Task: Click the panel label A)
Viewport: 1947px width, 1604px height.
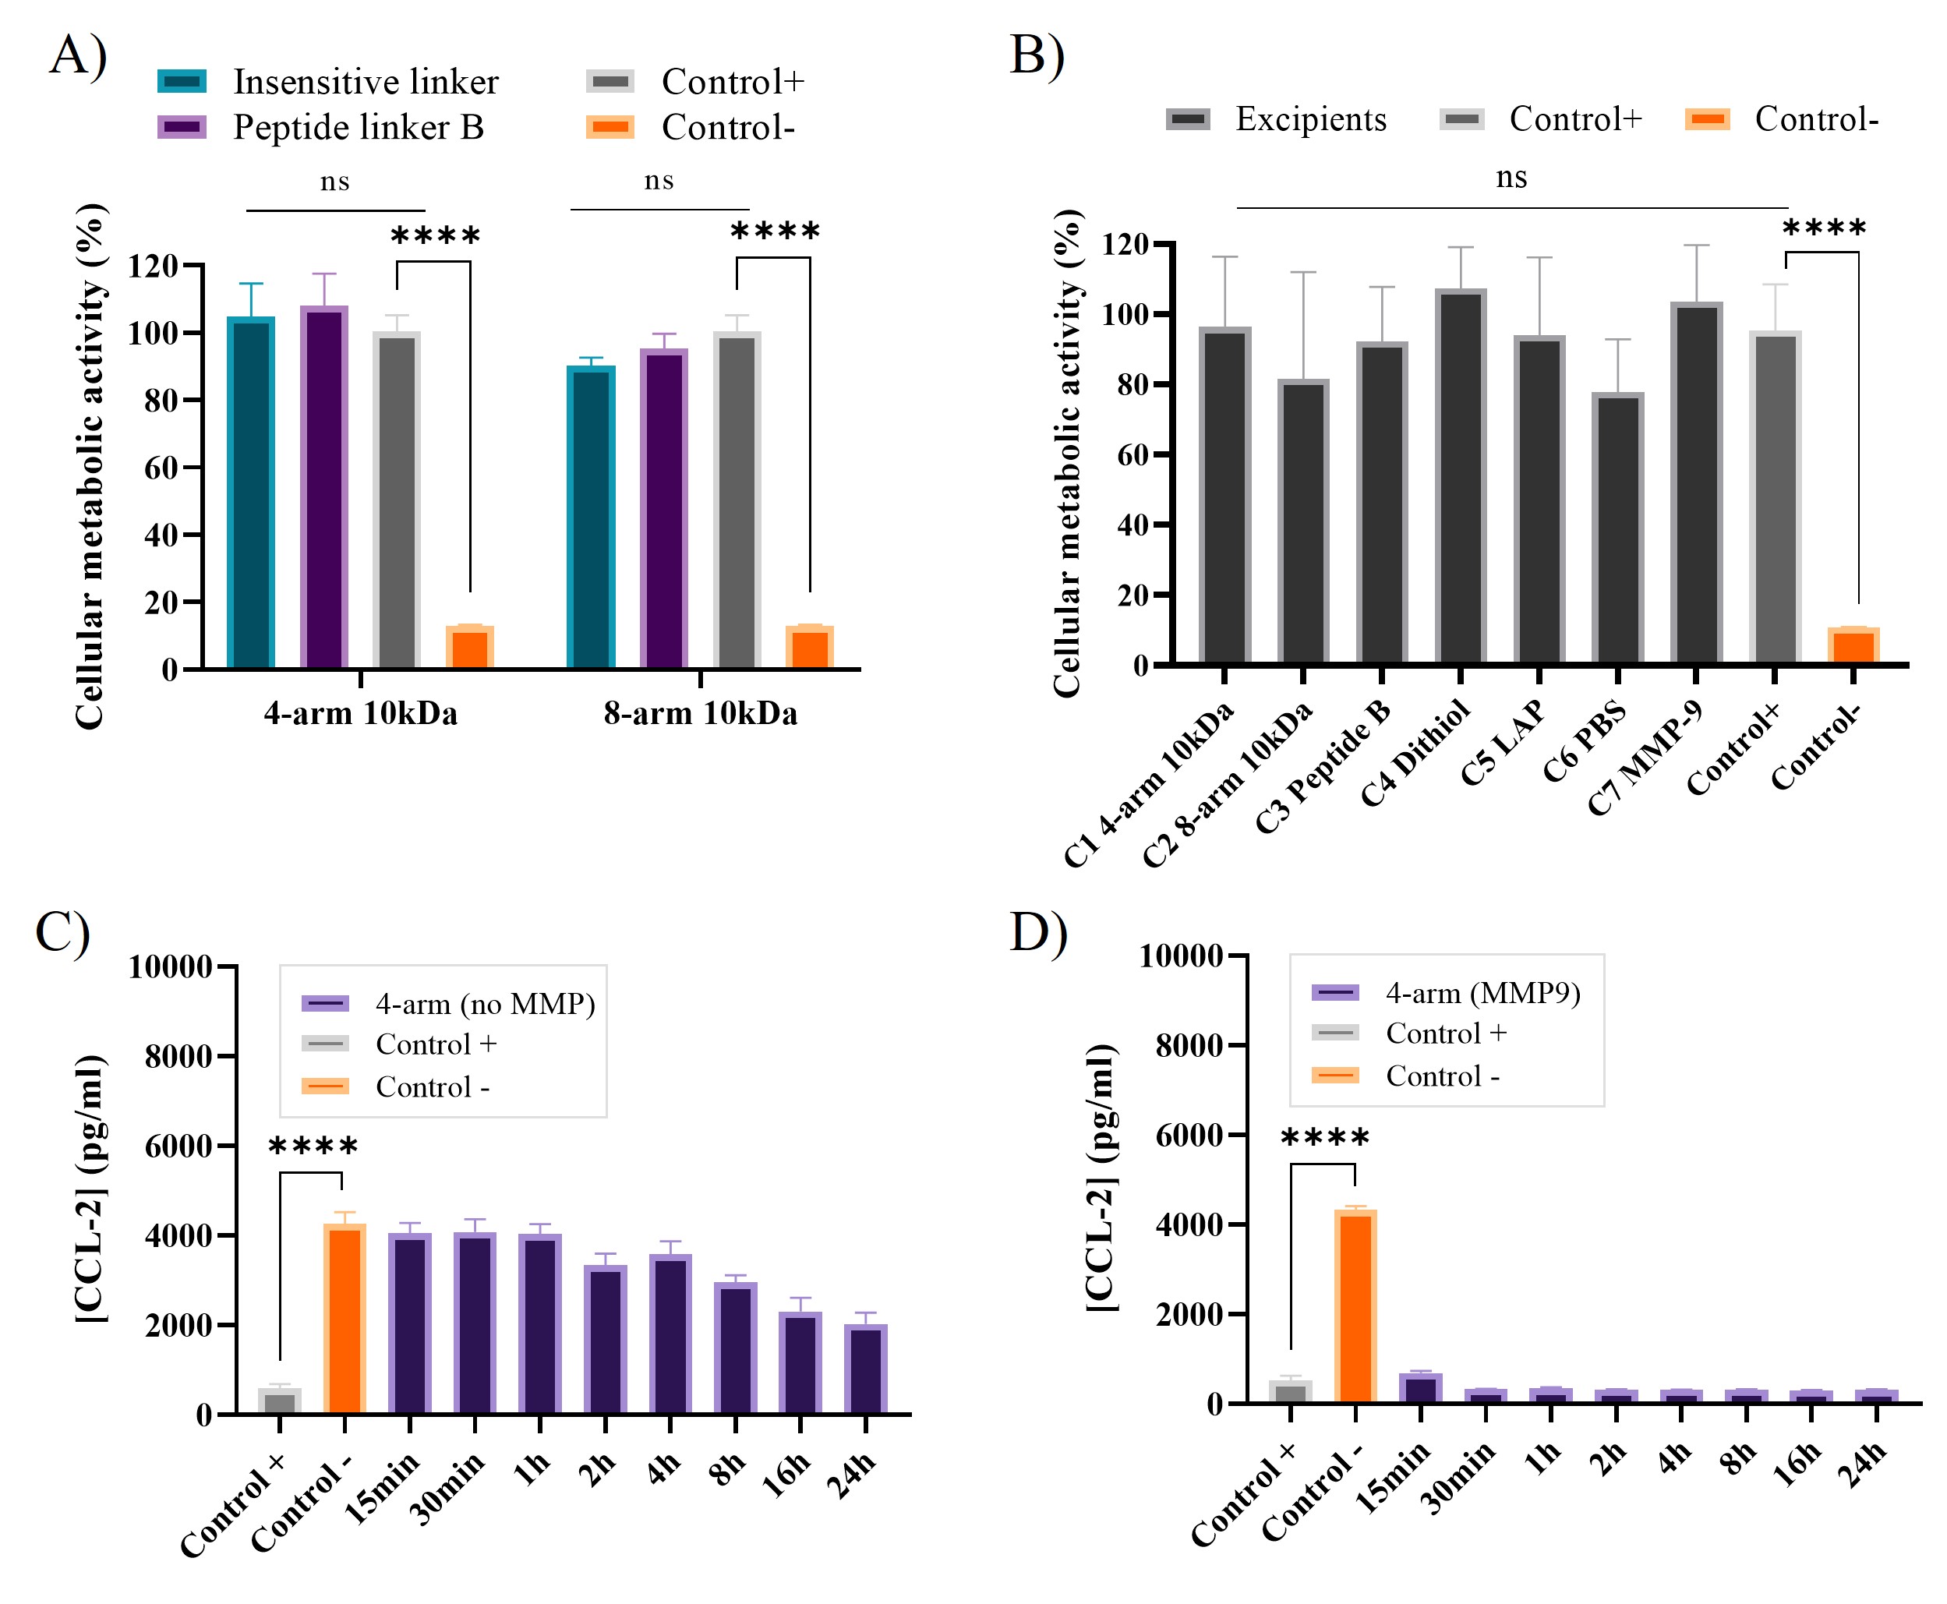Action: (x=79, y=55)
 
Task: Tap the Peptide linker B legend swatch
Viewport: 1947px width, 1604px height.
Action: (x=182, y=126)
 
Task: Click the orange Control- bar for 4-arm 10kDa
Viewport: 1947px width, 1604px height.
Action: (x=469, y=647)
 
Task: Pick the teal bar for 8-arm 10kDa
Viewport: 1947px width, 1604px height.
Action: (x=591, y=518)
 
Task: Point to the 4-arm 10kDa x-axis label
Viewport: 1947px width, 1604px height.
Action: (x=360, y=713)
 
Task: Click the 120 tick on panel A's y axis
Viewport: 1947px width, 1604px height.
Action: (x=153, y=266)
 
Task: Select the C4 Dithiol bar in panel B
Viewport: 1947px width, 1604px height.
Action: (x=1460, y=477)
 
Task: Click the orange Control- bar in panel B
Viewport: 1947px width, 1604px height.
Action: (x=1853, y=646)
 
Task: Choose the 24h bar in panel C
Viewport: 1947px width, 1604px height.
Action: (x=865, y=1369)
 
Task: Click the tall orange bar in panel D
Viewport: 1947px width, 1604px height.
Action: (x=1355, y=1305)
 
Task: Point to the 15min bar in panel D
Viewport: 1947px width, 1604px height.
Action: (x=1420, y=1388)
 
